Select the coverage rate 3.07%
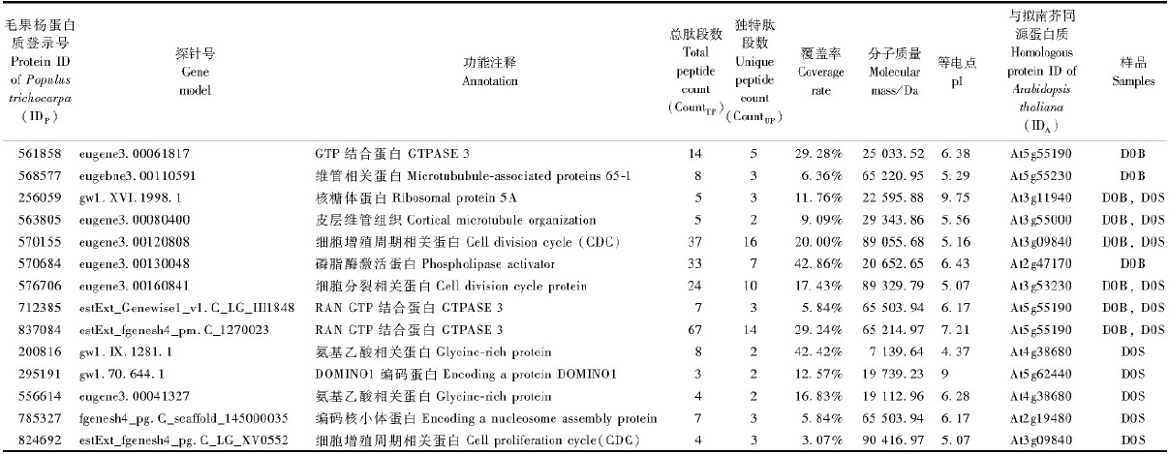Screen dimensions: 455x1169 pos(819,440)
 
